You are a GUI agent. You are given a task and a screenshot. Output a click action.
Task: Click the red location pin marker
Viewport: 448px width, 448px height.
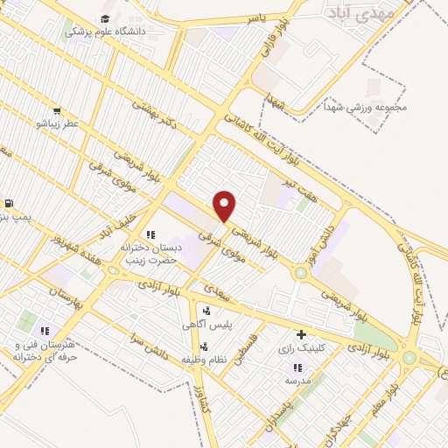(226, 205)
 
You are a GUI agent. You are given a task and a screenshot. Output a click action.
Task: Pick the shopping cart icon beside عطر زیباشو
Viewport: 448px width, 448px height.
(56, 111)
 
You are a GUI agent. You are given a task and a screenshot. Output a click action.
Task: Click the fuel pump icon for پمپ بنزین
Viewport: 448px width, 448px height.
(8, 203)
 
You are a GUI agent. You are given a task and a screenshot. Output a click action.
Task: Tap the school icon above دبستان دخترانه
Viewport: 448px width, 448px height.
(150, 234)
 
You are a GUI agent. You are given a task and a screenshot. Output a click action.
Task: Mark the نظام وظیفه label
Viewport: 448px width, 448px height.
(206, 359)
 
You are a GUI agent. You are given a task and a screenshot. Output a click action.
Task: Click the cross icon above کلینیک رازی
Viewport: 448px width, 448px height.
(301, 334)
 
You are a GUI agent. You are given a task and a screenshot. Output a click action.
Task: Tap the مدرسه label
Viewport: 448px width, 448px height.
(297, 381)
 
